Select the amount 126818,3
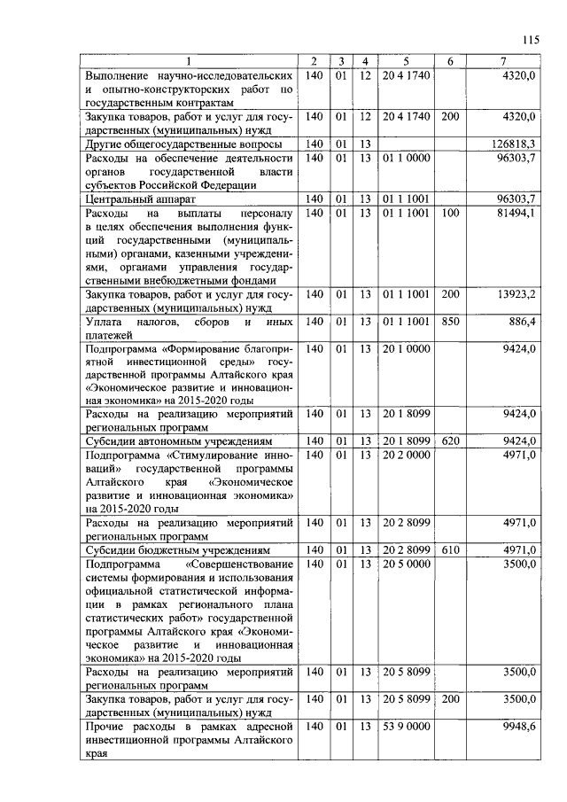coord(514,144)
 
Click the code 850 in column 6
coord(450,322)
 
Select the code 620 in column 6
coord(450,440)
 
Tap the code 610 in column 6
coord(450,549)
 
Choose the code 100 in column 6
coord(450,214)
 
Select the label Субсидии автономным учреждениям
coord(178,440)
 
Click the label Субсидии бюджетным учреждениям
coord(175,549)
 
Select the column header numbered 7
coord(502,61)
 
